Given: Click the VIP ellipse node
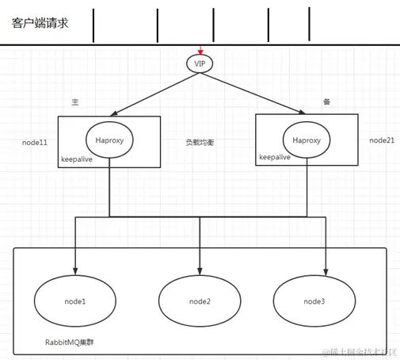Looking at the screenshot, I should pyautogui.click(x=200, y=63).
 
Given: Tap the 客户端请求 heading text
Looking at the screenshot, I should pyautogui.click(x=40, y=22).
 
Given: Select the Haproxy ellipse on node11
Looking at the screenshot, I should pyautogui.click(x=109, y=140).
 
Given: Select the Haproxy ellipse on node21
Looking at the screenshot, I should pyautogui.click(x=307, y=140).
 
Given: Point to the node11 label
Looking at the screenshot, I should pyautogui.click(x=35, y=141).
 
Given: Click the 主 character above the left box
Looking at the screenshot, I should pyautogui.click(x=74, y=103).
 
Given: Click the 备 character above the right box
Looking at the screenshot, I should pyautogui.click(x=326, y=101).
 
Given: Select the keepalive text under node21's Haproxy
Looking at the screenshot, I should pyautogui.click(x=275, y=157).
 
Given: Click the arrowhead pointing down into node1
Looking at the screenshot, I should pyautogui.click(x=75, y=270).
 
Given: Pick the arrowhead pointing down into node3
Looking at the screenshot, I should pyautogui.click(x=324, y=270).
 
